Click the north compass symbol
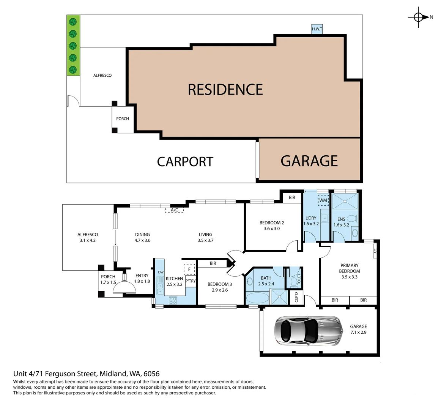click(x=418, y=17)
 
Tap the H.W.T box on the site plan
click(x=317, y=29)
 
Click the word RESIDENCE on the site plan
click(x=225, y=90)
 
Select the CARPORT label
click(x=185, y=162)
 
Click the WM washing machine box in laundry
click(x=323, y=200)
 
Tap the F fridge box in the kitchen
click(x=189, y=269)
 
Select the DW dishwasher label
click(x=161, y=272)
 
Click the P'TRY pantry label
click(x=191, y=281)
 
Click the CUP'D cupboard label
click(x=296, y=297)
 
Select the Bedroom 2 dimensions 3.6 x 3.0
click(x=272, y=229)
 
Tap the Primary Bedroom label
click(x=349, y=268)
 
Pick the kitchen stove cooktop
click(x=173, y=300)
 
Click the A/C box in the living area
click(x=175, y=210)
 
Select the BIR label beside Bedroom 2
click(x=292, y=197)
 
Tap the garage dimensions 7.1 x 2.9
click(x=358, y=333)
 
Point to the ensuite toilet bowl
click(x=352, y=219)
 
